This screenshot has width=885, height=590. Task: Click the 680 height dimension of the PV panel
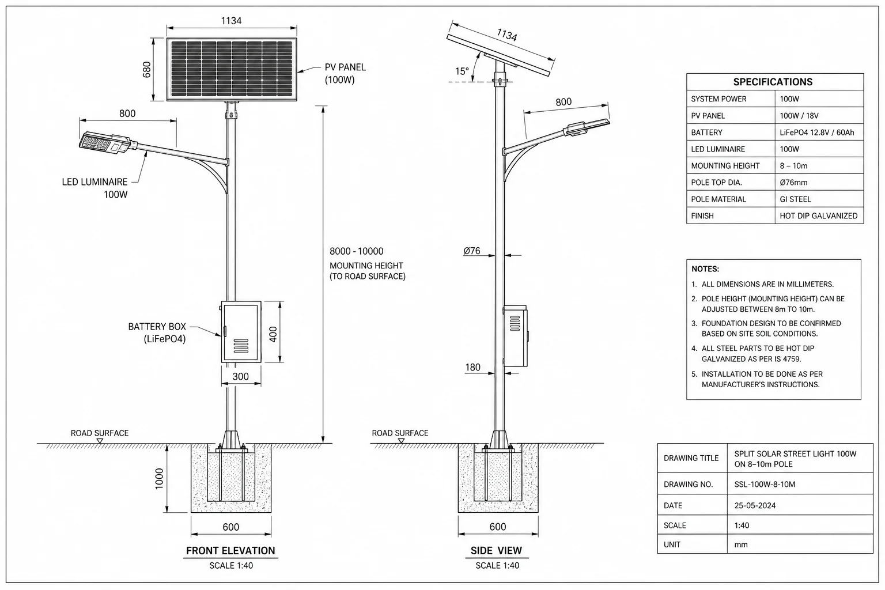(x=146, y=70)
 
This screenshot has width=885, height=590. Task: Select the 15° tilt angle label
(x=462, y=71)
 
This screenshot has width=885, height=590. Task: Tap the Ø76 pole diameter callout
(x=472, y=251)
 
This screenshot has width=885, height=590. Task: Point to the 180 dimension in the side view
(x=472, y=367)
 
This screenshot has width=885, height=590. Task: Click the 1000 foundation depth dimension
(x=159, y=479)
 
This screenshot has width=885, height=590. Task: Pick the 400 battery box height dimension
(x=273, y=334)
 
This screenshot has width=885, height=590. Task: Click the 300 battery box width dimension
(x=241, y=376)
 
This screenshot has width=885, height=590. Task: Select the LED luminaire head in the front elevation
(x=105, y=142)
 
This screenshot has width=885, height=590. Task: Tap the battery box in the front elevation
(x=241, y=331)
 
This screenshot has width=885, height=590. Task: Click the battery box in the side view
(x=516, y=335)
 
